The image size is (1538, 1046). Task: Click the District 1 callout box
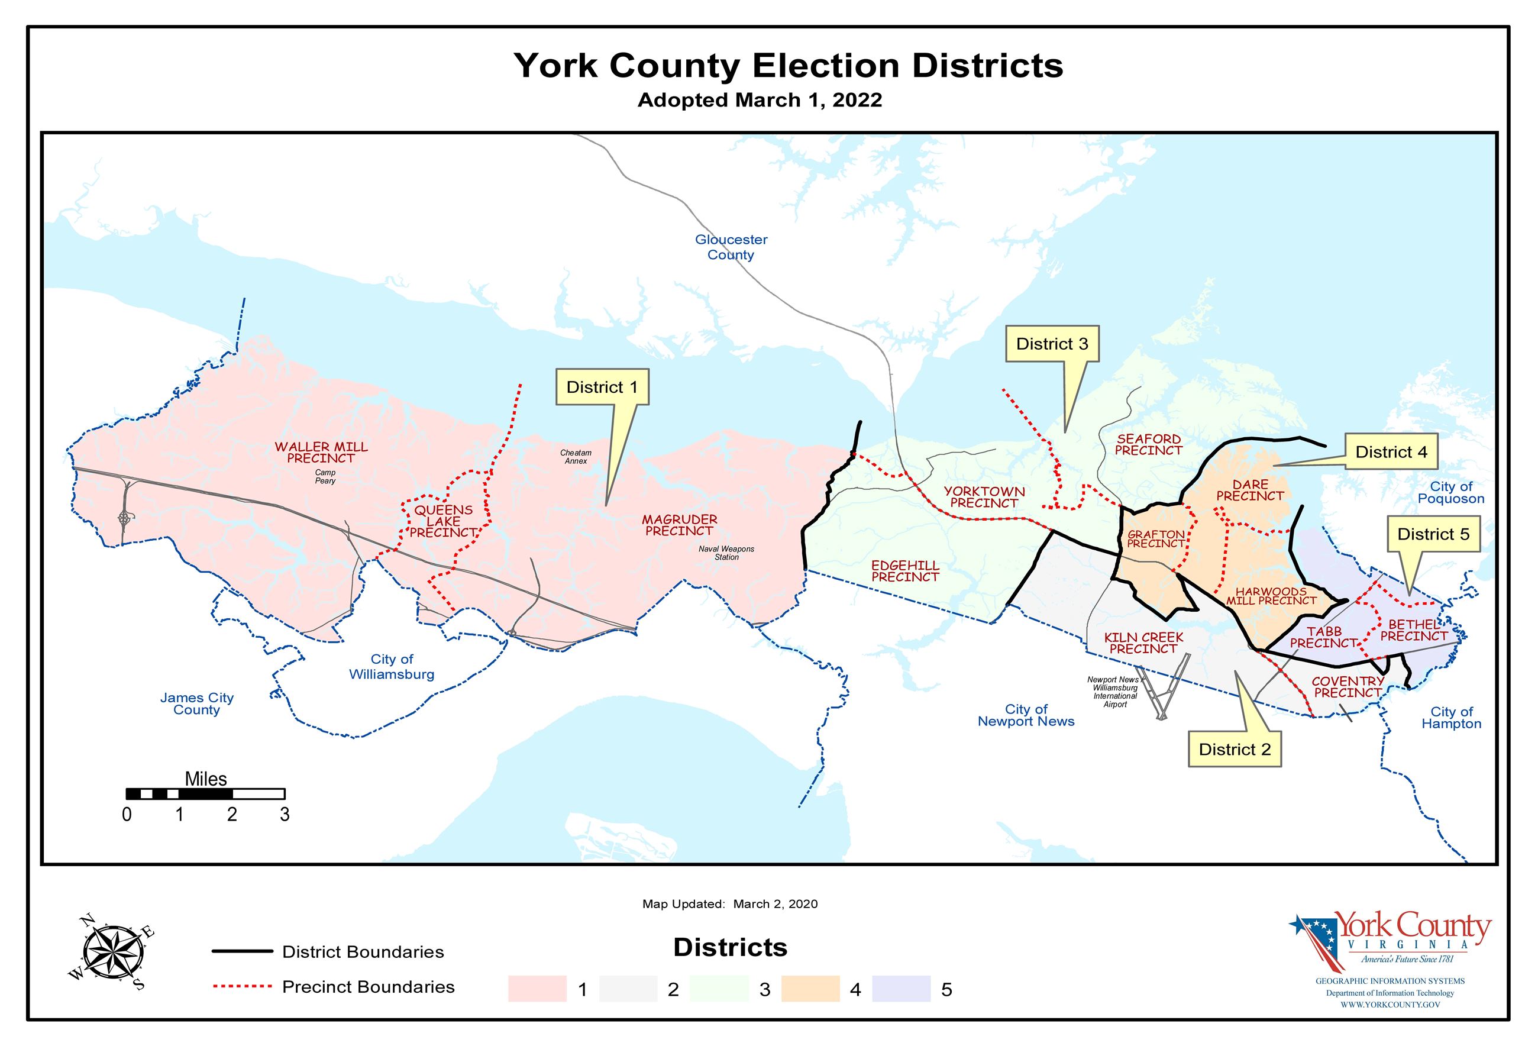point(602,388)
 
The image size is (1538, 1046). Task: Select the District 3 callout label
point(1052,344)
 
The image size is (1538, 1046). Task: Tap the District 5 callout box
point(1433,534)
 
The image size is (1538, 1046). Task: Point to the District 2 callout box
point(1234,750)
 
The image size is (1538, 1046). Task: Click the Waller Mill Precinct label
point(321,453)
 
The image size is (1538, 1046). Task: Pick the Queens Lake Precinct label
point(442,521)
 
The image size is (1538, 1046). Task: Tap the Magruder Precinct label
point(679,525)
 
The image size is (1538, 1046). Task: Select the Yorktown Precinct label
point(984,497)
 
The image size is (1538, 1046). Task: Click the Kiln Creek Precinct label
point(1143,643)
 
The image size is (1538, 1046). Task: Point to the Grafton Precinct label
point(1155,539)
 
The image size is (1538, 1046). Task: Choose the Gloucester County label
point(731,247)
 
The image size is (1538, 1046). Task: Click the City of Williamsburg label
point(392,667)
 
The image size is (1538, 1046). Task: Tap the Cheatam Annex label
point(576,457)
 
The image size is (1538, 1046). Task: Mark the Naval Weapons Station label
point(726,553)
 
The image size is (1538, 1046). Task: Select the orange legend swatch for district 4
point(810,989)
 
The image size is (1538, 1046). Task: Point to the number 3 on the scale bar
point(285,814)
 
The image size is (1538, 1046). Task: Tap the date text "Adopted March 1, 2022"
point(759,100)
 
